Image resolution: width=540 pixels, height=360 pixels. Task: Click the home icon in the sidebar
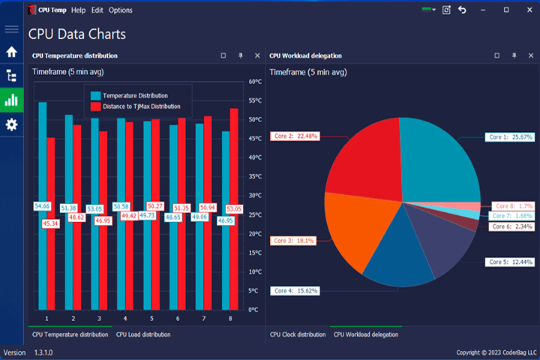tap(11, 52)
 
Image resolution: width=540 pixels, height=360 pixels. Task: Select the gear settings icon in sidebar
tap(11, 124)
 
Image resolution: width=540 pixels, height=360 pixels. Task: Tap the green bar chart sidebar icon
tap(11, 100)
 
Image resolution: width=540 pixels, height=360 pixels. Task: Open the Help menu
tap(78, 10)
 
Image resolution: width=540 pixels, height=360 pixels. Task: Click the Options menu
tap(121, 10)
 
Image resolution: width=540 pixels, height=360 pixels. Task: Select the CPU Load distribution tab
tap(143, 334)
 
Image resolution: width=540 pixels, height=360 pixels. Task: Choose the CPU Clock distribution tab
tap(298, 334)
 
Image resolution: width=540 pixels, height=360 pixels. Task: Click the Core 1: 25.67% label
tap(510, 137)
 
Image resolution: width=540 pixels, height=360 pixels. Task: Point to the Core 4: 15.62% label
tap(295, 291)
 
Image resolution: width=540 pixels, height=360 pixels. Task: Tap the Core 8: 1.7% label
tap(513, 206)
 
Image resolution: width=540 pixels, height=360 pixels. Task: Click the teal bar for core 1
tap(43, 206)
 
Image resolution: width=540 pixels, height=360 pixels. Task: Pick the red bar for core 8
tap(234, 209)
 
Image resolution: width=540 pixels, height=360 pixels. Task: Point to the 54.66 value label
tap(42, 206)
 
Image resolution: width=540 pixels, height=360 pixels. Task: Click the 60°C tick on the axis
tap(255, 82)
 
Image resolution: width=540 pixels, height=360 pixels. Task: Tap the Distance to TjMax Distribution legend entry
tap(135, 106)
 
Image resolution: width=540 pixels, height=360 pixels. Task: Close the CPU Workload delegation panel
tap(531, 55)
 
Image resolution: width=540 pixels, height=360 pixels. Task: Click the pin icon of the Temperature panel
tap(241, 55)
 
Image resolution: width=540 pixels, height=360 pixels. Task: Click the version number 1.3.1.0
tap(43, 352)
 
